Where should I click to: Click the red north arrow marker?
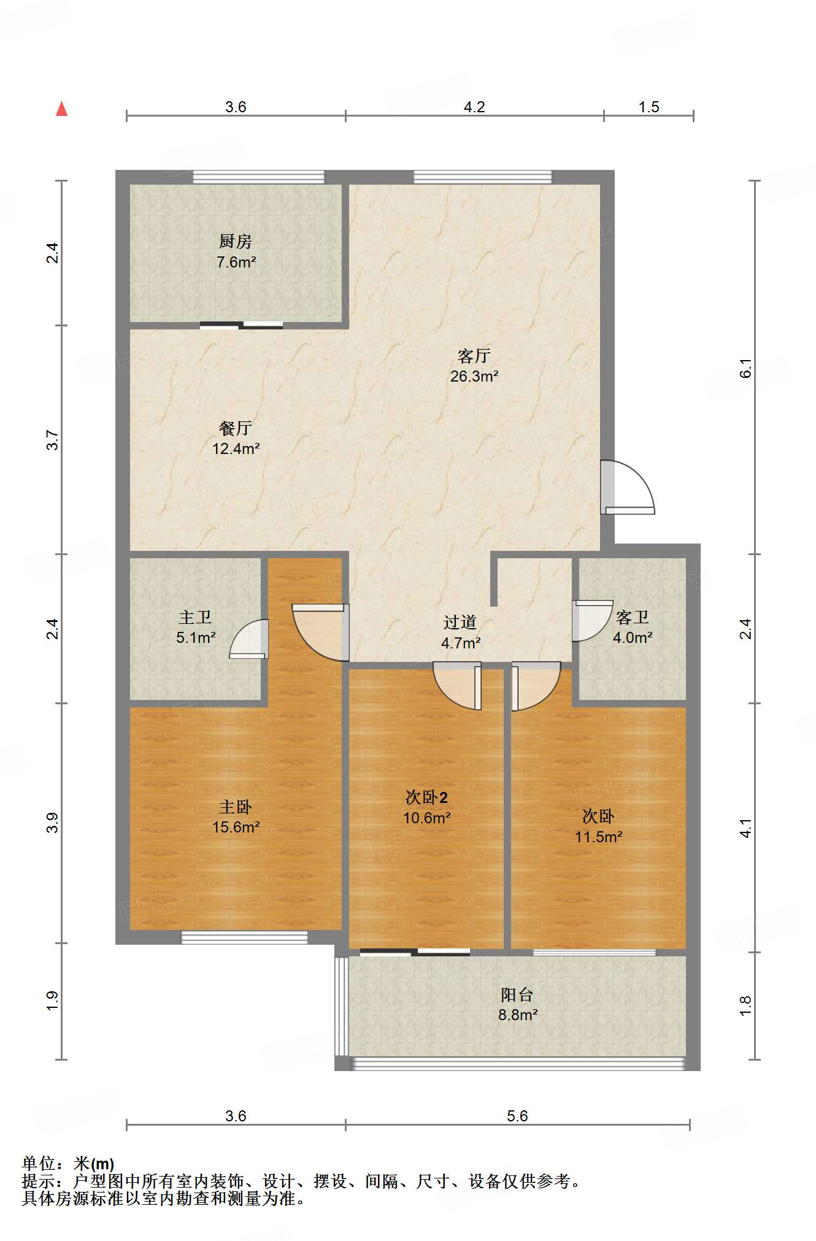61,109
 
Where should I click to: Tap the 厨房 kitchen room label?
236,242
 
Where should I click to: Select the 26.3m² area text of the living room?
474,377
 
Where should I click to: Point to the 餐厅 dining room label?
236,428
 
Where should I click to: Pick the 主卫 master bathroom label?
196,617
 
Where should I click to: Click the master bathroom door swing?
249,639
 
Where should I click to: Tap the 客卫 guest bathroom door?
593,621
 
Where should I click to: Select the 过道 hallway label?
460,623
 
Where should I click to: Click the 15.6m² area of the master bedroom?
236,827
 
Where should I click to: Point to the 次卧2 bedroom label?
426,797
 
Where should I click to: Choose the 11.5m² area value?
599,837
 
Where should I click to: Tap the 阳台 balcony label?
517,994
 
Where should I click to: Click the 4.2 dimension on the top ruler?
474,107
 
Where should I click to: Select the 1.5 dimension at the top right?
649,107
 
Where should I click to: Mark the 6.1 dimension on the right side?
745,368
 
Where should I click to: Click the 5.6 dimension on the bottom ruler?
517,1116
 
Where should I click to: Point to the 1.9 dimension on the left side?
53,1001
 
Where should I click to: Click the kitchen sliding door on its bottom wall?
242,325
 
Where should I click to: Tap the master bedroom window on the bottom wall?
244,937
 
